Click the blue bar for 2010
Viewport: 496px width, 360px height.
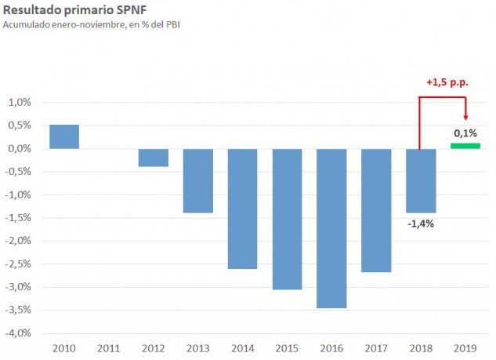click(x=64, y=136)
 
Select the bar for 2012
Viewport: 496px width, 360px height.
click(x=154, y=158)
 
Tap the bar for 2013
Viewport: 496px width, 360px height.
click(x=198, y=180)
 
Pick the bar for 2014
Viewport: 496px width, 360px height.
click(x=243, y=209)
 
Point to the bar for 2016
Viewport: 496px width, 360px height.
click(x=332, y=228)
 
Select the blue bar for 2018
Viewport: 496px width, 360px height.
click(x=422, y=180)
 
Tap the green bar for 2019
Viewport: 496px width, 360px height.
click(x=465, y=146)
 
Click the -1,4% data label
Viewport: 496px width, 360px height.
click(x=421, y=224)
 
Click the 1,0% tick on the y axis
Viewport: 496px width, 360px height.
click(x=20, y=103)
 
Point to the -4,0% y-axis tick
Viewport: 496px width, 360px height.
click(x=19, y=333)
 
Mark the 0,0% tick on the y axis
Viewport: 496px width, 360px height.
click(x=20, y=149)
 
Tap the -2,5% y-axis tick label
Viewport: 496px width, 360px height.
click(x=19, y=264)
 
